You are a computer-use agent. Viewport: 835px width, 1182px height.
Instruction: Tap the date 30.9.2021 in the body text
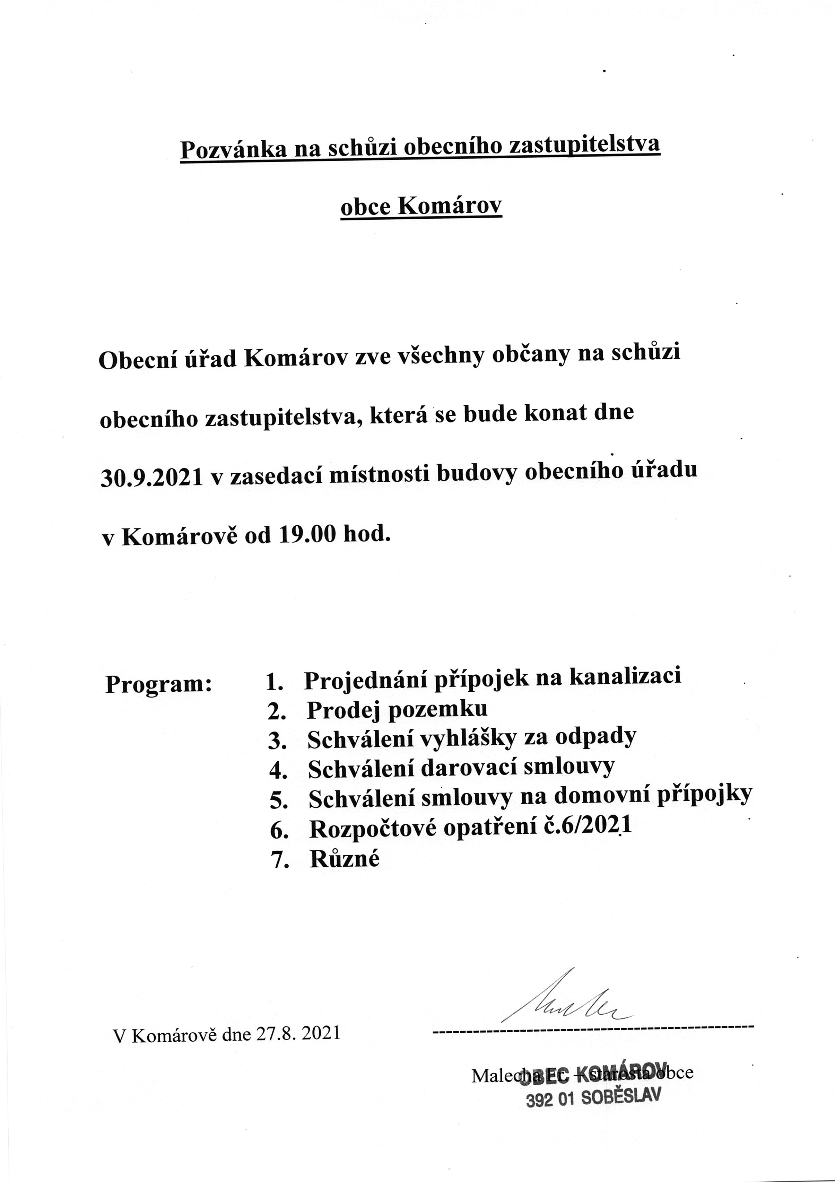pos(151,478)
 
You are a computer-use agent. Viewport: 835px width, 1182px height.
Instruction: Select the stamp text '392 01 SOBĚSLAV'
pos(592,1098)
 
